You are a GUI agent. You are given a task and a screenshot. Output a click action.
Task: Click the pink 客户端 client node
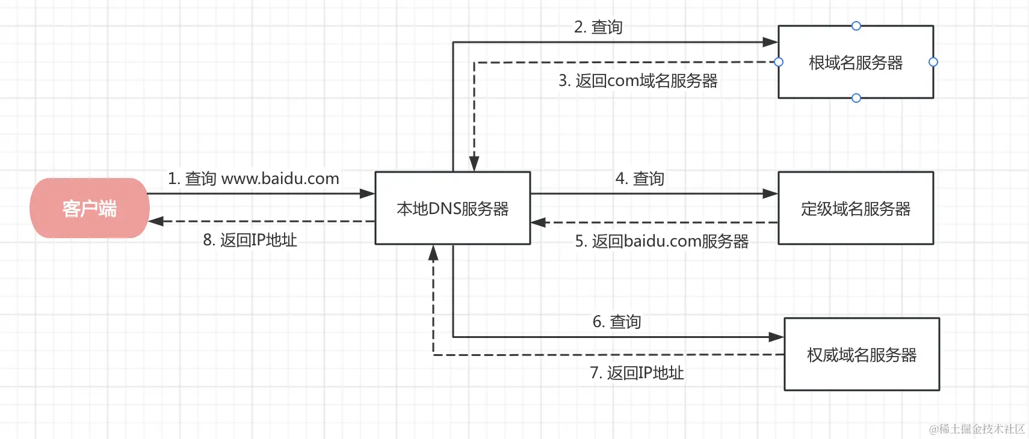point(89,208)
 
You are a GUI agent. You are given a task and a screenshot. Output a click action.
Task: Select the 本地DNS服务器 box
point(453,208)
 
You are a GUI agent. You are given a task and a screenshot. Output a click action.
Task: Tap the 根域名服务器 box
point(856,62)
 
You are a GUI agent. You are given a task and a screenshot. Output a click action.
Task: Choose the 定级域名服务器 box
point(856,208)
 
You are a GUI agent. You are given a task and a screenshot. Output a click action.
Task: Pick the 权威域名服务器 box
point(862,354)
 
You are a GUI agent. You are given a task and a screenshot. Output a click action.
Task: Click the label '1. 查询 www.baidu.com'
point(253,179)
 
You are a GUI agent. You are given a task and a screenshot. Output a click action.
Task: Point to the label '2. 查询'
point(598,27)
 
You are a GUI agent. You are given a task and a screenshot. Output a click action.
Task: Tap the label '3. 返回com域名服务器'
point(638,81)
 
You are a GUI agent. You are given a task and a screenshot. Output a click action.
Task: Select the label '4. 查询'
point(640,179)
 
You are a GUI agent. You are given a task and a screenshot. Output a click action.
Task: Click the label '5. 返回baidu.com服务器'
point(662,241)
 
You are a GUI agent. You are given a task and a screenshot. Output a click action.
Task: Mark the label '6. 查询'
point(617,322)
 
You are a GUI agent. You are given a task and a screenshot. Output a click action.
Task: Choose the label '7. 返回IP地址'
point(637,373)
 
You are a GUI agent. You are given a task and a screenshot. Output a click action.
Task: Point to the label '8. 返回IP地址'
point(250,240)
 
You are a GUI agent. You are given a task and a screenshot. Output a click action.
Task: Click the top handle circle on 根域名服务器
point(856,26)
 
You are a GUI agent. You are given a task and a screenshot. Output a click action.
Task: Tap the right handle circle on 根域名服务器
point(933,62)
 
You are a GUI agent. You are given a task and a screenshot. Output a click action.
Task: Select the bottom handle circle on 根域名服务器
point(856,98)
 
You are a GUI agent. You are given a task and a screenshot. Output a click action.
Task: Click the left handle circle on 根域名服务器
point(779,62)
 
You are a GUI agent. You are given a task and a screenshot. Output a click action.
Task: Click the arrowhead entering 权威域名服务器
point(777,337)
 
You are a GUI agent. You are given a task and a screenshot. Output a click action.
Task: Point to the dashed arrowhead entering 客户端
point(156,221)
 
